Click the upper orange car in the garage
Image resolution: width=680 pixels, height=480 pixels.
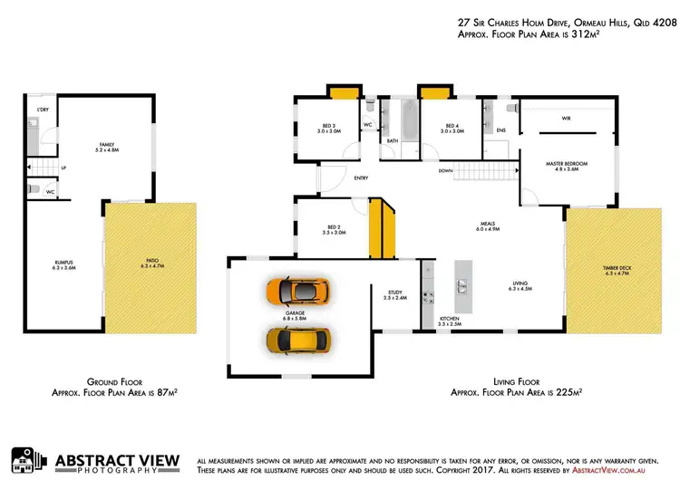298,291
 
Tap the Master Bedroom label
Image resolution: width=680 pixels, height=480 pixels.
567,165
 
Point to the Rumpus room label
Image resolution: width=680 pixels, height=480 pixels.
63,264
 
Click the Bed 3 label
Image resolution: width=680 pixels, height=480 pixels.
327,129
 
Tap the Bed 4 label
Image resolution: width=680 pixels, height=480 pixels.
452,129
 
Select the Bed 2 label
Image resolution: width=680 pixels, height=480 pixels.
335,229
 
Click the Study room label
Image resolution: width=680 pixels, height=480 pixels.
393,293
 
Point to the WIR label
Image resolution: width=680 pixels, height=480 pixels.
566,119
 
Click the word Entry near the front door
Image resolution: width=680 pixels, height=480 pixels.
361,178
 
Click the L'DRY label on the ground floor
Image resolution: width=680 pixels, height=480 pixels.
42,110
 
